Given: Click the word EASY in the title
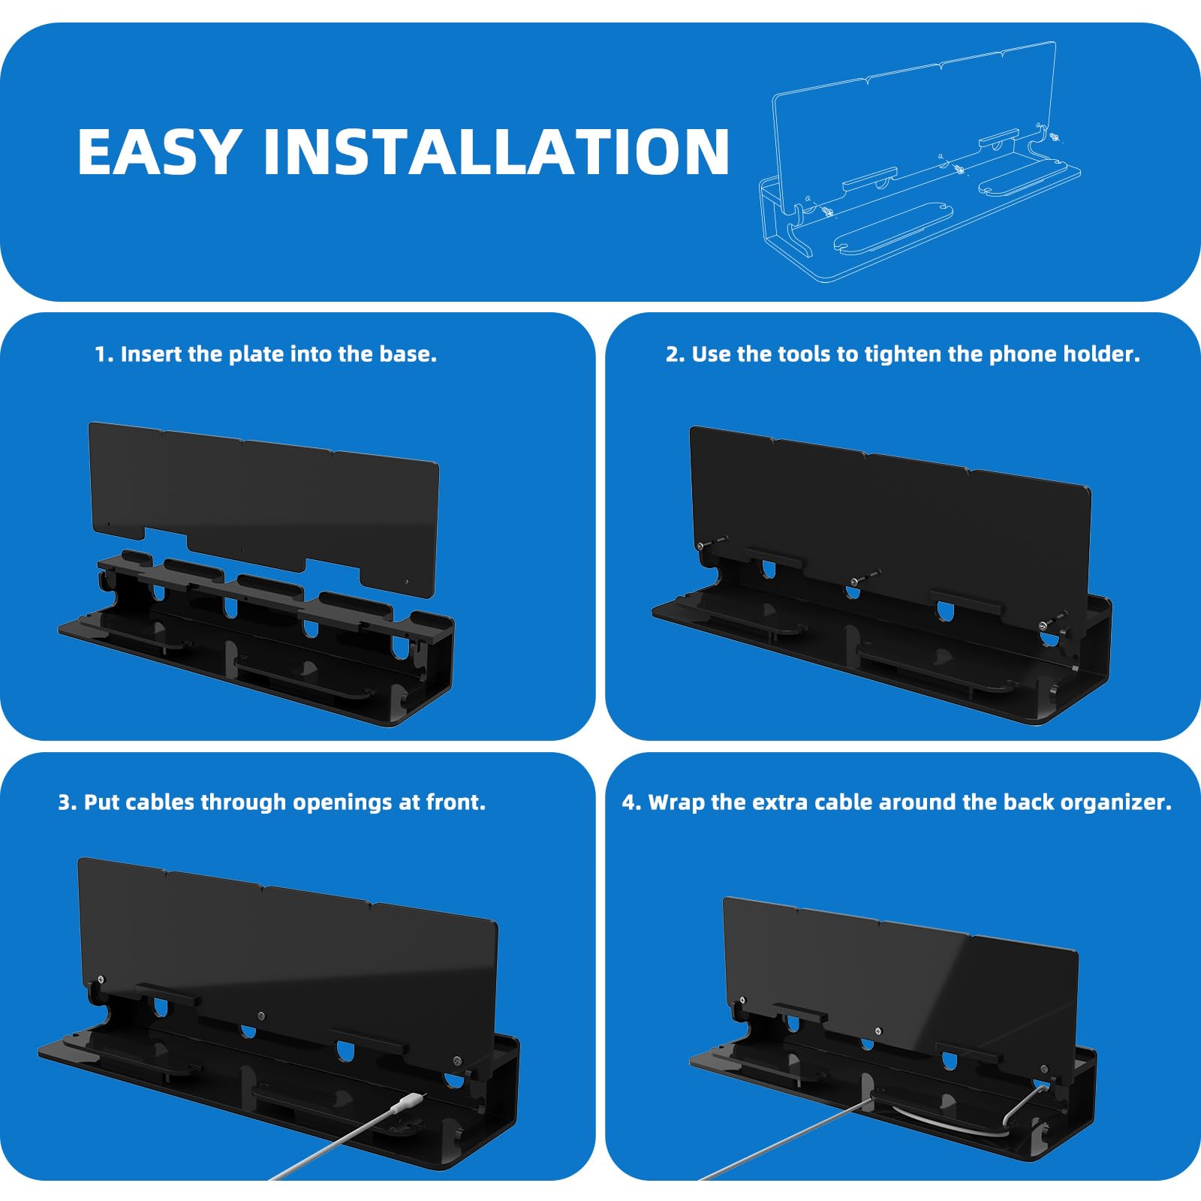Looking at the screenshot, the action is [x=159, y=152].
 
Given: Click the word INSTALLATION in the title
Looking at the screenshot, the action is [x=496, y=152].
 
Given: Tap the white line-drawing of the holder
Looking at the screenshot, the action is [x=919, y=162].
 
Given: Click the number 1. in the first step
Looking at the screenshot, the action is [x=104, y=354].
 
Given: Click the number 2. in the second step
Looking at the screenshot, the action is [x=676, y=354].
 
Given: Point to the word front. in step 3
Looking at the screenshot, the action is [x=456, y=802].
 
